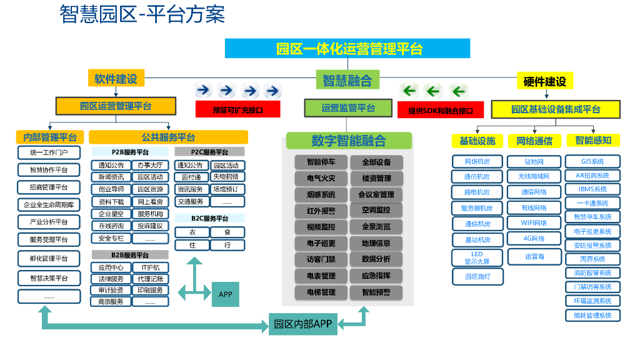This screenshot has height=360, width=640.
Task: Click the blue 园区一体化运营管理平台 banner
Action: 347,49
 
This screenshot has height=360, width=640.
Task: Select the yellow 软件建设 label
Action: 116,79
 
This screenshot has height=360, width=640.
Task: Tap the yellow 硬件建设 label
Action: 544,81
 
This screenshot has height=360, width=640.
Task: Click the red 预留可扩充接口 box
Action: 237,110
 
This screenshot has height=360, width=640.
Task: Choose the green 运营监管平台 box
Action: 348,107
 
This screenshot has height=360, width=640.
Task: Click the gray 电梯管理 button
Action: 321,292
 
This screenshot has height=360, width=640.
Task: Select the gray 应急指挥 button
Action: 376,276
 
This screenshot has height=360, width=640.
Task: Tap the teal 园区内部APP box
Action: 303,324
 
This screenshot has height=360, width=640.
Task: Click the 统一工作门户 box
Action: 49,152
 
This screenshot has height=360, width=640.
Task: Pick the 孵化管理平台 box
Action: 49,258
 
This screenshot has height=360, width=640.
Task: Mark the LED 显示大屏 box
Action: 477,258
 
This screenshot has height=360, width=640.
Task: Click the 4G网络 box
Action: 534,239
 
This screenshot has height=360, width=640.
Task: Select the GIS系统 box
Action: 592,161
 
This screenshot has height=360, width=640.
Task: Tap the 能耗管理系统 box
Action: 592,315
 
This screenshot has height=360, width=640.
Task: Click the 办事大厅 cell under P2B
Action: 150,166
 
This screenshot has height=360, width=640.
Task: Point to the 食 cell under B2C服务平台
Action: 227,232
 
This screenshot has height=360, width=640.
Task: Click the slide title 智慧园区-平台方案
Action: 142,14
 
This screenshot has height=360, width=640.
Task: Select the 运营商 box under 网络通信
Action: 534,256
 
